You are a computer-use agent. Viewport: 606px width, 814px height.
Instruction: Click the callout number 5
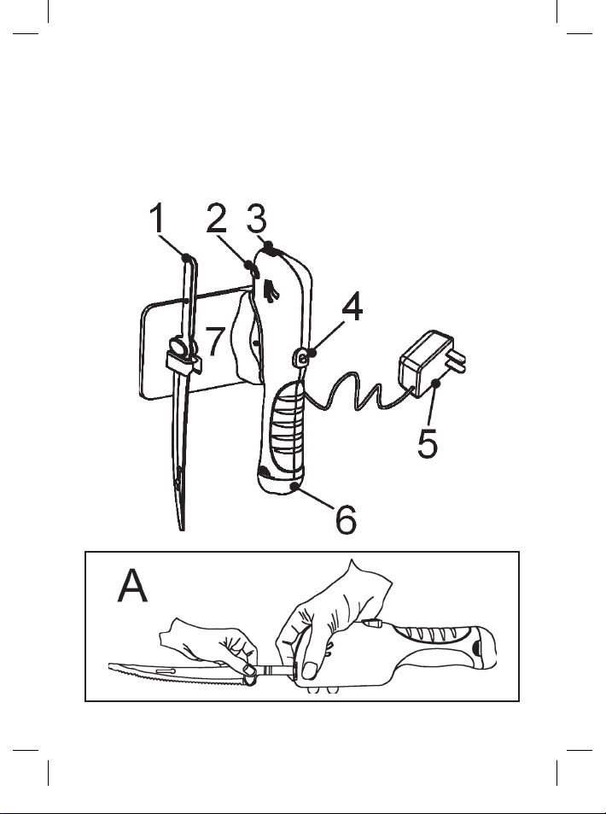pos(429,441)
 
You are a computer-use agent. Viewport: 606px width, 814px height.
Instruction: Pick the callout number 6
pos(345,519)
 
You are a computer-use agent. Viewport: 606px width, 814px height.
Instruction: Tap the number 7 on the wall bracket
pos(215,342)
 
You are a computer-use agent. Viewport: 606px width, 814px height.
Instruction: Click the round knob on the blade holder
pos(181,348)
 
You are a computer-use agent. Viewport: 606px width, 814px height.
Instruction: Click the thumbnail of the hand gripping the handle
pos(309,669)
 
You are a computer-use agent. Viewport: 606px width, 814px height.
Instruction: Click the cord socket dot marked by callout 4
pos(305,359)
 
